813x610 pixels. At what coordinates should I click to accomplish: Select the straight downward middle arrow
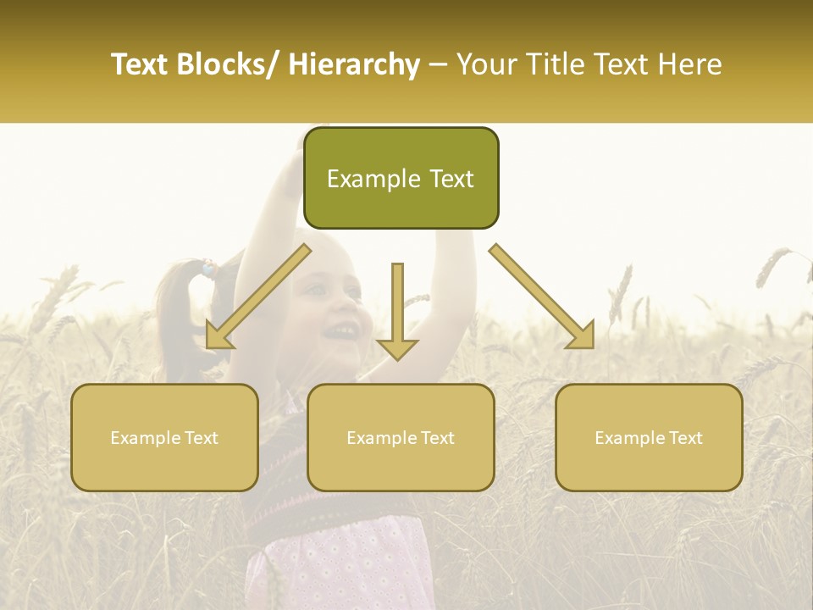click(397, 313)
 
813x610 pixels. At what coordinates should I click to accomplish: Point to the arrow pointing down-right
click(543, 297)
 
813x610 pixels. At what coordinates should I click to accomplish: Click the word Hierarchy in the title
click(353, 64)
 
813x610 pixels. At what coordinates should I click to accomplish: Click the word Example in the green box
click(373, 179)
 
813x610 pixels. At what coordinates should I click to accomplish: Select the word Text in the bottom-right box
click(684, 438)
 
